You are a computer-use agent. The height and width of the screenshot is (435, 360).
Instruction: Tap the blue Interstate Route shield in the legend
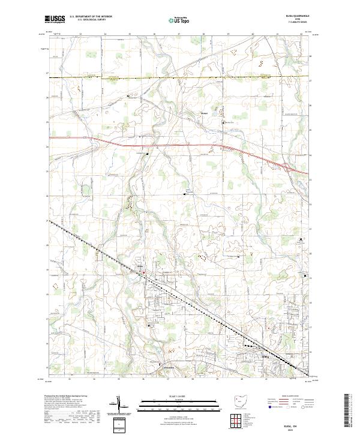coord(268,406)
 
